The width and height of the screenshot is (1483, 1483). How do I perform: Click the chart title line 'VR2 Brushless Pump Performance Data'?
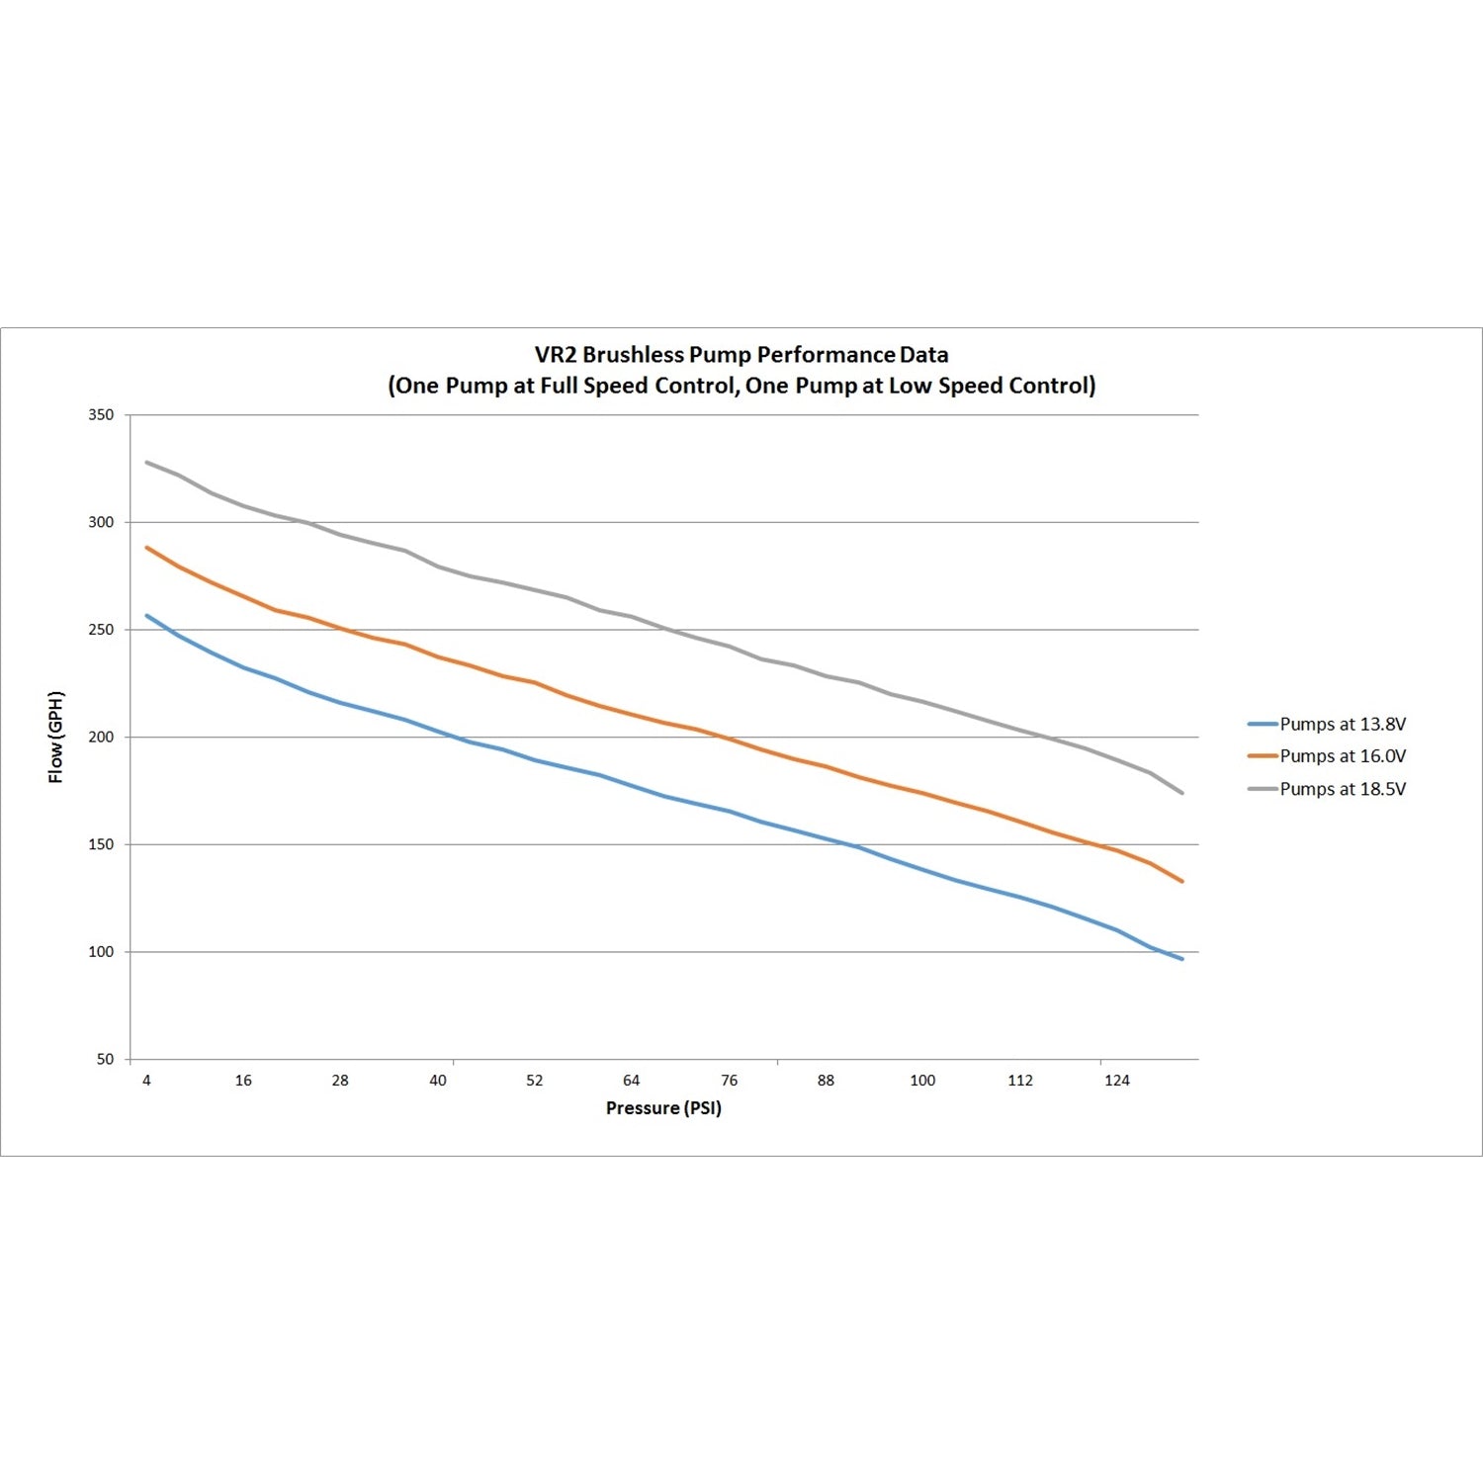741,354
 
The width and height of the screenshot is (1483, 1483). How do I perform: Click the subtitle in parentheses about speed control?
741,386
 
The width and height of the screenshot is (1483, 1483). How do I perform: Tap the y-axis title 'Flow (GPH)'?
56,737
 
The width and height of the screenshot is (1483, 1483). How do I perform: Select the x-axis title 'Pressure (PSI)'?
663,1108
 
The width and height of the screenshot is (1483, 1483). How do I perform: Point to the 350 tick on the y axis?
101,415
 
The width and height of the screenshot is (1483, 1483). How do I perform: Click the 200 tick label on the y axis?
101,737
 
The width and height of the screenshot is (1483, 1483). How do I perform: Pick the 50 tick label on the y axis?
105,1059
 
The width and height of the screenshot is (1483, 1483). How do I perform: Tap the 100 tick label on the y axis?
101,952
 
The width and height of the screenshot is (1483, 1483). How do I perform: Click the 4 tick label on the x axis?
146,1081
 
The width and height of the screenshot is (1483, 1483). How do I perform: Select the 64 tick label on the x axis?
632,1081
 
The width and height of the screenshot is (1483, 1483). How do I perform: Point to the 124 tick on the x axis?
1117,1081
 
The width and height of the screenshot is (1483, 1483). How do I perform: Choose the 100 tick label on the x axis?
922,1081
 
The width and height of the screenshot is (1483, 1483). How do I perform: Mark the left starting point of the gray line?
147,462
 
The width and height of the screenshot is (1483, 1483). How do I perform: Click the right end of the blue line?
1181,958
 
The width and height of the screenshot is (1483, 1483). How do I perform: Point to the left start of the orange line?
147,547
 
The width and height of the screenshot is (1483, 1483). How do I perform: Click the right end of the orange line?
1181,881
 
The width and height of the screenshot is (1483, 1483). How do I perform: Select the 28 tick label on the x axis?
340,1081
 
